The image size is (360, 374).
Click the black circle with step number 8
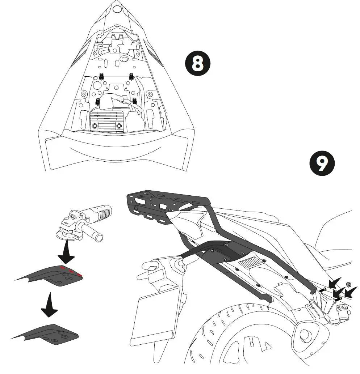198,63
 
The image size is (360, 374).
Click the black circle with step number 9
322,163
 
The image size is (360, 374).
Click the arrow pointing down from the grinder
66,252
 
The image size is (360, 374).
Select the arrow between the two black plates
50,305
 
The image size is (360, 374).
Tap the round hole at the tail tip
117,9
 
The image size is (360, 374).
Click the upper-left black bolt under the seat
101,76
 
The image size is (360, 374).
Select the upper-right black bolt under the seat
131,76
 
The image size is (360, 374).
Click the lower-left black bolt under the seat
97,101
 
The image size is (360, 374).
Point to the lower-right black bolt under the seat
135,101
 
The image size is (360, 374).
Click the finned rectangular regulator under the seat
107,120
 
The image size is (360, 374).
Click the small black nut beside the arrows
348,284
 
